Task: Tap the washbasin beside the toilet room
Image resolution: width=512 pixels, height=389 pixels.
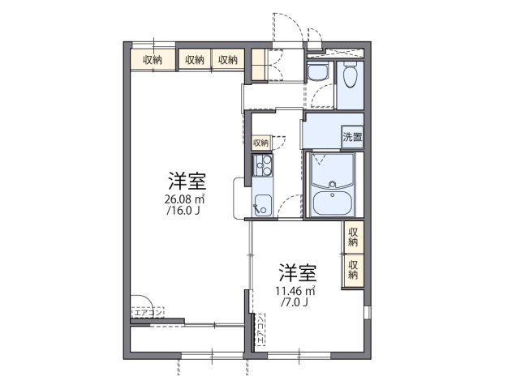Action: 317,71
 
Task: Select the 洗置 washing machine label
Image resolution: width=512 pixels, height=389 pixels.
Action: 352,137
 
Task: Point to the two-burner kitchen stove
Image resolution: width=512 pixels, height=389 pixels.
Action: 262,168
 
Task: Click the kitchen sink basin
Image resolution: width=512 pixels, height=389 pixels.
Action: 262,204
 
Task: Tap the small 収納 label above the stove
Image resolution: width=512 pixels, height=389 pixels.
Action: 260,143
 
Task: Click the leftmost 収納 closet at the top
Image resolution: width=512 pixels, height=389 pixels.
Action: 152,59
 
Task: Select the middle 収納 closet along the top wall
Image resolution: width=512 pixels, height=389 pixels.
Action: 194,59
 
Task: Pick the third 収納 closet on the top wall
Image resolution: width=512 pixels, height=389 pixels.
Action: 228,59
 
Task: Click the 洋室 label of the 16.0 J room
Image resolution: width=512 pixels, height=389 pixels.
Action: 186,180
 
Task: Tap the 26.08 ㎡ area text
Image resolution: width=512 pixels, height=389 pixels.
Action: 186,199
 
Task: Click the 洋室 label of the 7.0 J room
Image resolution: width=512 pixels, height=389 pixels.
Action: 298,271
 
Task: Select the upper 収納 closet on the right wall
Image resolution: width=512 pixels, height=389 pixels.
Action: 353,237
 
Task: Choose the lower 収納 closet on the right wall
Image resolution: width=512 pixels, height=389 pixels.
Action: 353,269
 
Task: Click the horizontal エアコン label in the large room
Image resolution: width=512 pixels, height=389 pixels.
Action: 148,311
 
